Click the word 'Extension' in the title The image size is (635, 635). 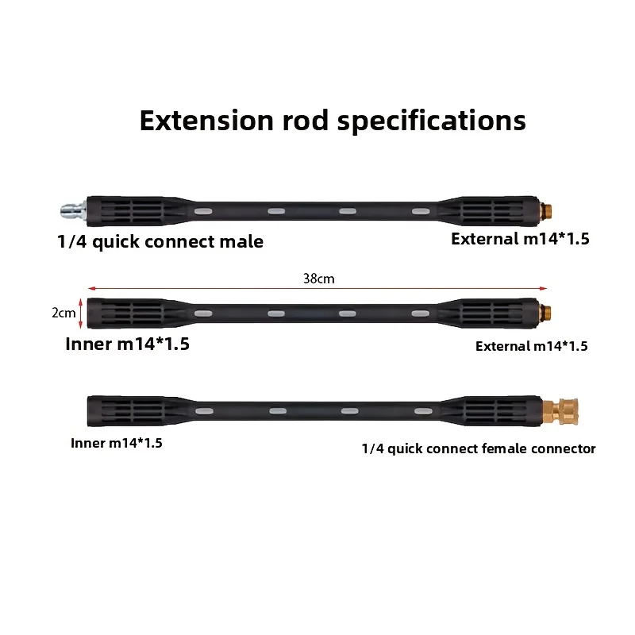(206, 121)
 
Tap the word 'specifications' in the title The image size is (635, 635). (431, 121)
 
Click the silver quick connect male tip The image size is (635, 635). (73, 210)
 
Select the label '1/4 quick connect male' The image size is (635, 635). (160, 242)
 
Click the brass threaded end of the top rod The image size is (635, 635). (545, 210)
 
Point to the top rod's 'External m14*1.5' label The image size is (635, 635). (520, 239)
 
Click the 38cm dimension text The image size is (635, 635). (319, 279)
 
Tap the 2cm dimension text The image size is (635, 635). (63, 313)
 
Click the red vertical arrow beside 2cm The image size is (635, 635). (81, 313)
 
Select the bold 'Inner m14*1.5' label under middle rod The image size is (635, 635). (127, 344)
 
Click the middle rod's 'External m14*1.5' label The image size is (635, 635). (531, 346)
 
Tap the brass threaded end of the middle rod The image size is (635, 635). (545, 313)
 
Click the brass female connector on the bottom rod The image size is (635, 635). (560, 411)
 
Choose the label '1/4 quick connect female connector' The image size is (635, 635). (479, 448)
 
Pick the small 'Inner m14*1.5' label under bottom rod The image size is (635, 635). (117, 443)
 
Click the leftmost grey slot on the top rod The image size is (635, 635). (203, 211)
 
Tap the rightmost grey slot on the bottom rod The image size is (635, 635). (423, 411)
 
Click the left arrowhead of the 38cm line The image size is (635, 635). (90, 288)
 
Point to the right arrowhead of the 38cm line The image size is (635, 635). (544, 288)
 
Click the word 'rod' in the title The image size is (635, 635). (306, 121)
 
